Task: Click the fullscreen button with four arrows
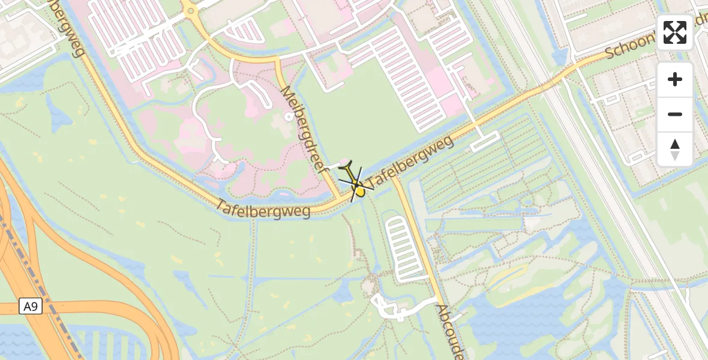675,32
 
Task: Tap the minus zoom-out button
675,114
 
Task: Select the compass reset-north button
675,149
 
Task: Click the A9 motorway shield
30,307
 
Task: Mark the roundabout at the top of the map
190,10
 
